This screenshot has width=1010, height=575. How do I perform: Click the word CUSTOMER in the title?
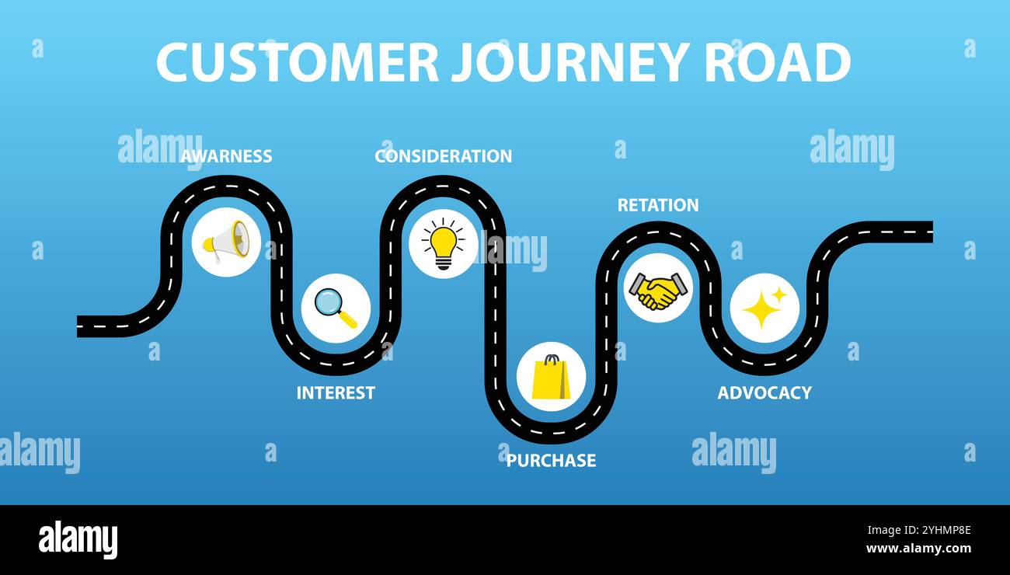click(297, 62)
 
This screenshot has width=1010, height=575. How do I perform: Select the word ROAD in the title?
click(777, 62)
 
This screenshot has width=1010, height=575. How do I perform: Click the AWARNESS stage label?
click(226, 156)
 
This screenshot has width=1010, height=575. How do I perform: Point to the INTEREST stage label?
click(336, 393)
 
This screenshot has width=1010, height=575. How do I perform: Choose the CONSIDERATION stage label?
click(443, 156)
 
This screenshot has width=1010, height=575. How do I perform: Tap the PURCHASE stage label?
click(551, 461)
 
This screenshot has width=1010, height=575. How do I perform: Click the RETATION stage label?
click(657, 205)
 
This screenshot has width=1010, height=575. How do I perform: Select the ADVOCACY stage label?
click(764, 393)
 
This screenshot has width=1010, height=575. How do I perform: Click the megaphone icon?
click(226, 241)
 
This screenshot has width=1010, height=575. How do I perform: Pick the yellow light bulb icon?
click(443, 244)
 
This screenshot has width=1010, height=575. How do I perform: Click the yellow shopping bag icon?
click(551, 378)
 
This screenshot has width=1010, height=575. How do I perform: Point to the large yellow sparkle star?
click(761, 311)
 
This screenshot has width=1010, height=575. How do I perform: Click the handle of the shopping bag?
click(551, 360)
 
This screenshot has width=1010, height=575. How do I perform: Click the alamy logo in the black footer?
click(78, 540)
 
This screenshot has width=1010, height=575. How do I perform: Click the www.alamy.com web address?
click(918, 549)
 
